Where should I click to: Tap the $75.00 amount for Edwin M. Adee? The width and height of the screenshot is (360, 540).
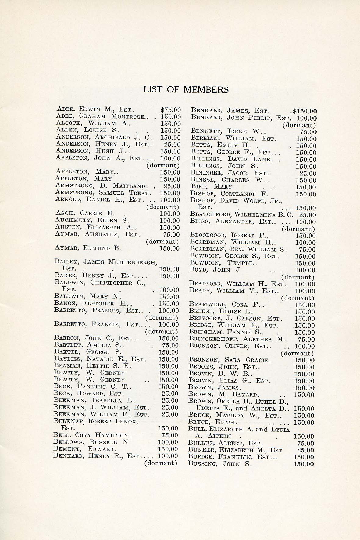pos(170,110)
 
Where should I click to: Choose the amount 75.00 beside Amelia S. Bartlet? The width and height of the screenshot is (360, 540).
pos(170,345)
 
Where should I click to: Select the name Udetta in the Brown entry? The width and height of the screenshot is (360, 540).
pos(208,409)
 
